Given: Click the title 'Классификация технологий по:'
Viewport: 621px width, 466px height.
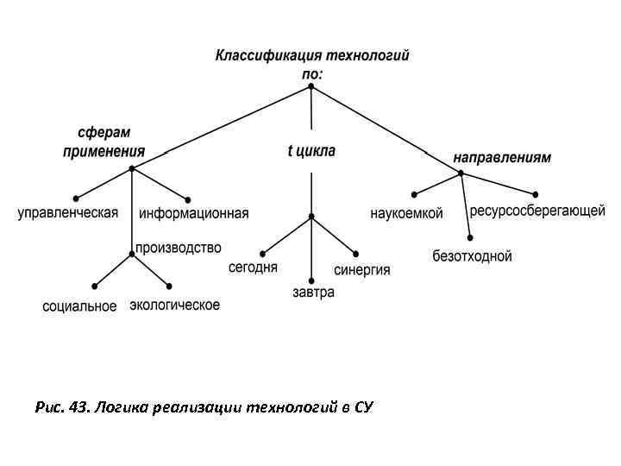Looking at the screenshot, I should click(x=311, y=64).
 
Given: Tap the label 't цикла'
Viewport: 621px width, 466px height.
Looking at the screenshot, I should click(x=311, y=151).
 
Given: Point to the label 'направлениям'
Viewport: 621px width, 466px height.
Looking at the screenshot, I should click(x=502, y=158).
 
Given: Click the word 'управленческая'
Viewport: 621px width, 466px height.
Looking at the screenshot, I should click(x=68, y=214).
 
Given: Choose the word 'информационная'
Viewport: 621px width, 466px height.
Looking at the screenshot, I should click(x=193, y=214).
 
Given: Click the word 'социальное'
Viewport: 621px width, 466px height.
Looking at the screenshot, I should click(x=79, y=306).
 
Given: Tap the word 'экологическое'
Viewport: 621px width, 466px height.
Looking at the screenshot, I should click(x=174, y=305).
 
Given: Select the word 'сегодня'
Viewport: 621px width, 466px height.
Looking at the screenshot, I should click(x=253, y=268).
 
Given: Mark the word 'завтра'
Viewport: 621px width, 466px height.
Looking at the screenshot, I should click(x=313, y=293).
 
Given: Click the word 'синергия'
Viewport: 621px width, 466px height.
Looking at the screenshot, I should click(x=362, y=270).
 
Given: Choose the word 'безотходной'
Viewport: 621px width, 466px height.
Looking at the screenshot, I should click(x=472, y=256).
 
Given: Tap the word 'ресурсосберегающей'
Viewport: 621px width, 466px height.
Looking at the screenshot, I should click(x=536, y=211).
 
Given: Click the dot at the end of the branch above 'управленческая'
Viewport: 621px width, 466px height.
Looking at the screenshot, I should click(x=77, y=198).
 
